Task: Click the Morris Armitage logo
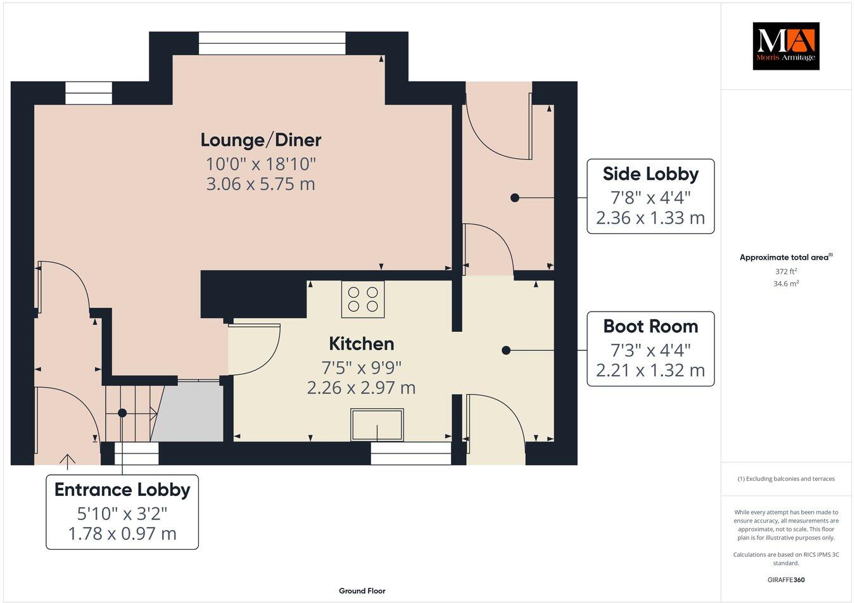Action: coord(785,46)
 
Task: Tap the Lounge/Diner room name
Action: coord(261,140)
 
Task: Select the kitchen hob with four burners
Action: coord(363,299)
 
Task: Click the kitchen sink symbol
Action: coord(377,425)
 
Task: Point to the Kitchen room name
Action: coord(361,344)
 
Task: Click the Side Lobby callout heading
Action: coord(650,174)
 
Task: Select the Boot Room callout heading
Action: coord(650,326)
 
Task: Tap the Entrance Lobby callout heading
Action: coord(122,490)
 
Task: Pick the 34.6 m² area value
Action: coord(786,284)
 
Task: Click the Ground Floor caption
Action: coord(362,591)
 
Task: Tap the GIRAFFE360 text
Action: coord(786,579)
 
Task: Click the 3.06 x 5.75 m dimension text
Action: coord(261,184)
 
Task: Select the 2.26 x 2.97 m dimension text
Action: coord(361,388)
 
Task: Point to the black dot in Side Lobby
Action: coord(515,198)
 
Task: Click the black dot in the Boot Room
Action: coord(506,350)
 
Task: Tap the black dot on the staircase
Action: coord(122,413)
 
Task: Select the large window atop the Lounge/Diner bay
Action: coord(272,43)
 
